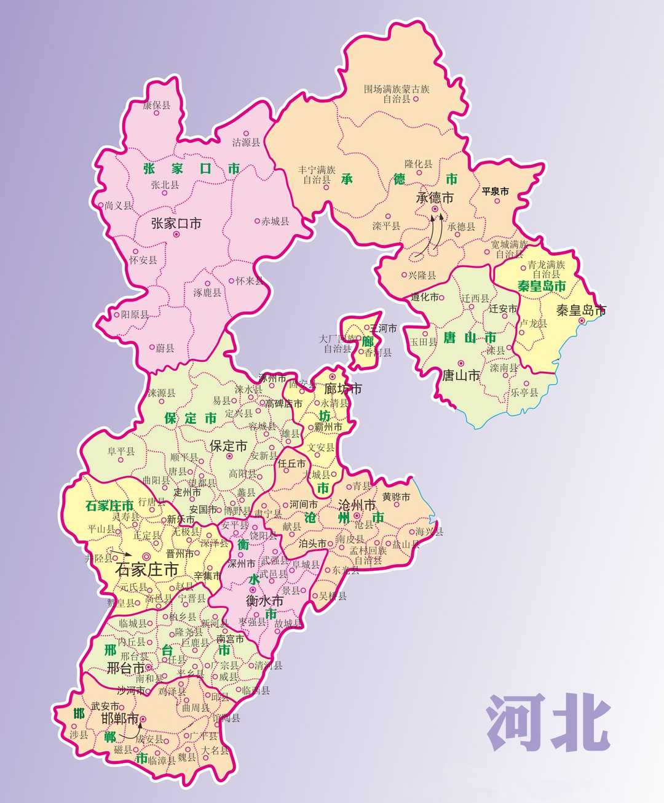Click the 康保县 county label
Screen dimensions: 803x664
click(x=156, y=106)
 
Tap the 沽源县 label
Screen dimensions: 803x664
click(x=246, y=142)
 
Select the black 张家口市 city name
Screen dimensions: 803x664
click(x=176, y=223)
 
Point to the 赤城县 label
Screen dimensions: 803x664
click(x=275, y=221)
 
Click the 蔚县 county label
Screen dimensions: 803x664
click(x=165, y=348)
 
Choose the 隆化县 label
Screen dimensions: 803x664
click(x=418, y=164)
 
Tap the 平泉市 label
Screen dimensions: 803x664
click(x=495, y=191)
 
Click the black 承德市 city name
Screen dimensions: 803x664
click(x=435, y=198)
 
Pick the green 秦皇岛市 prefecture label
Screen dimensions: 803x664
click(x=542, y=286)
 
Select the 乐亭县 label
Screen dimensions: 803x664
click(x=524, y=393)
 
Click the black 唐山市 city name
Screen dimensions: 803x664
click(x=461, y=375)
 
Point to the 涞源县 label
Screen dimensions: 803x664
click(x=161, y=393)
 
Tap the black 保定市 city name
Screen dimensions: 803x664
click(x=229, y=446)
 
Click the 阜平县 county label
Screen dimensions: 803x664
click(x=121, y=452)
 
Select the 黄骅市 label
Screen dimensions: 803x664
click(x=395, y=497)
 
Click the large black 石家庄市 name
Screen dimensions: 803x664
click(x=147, y=569)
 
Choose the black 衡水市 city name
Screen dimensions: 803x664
click(x=264, y=601)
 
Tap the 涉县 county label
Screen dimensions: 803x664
click(x=79, y=735)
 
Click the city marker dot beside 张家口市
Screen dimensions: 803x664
click(x=176, y=234)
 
